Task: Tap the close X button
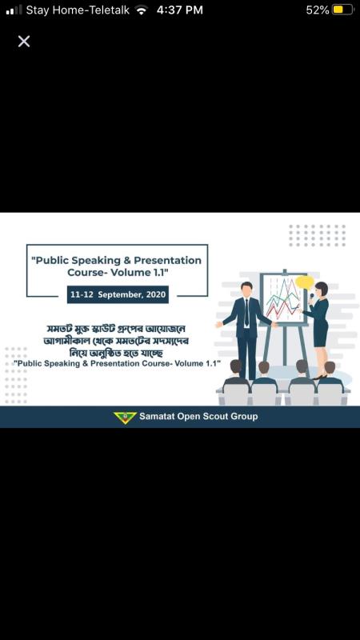tap(24, 41)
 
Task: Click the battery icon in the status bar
tap(342, 10)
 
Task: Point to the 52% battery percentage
tap(317, 10)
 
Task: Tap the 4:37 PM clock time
tap(180, 10)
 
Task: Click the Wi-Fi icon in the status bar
tap(142, 10)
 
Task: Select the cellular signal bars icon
tap(14, 10)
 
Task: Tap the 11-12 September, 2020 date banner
tap(118, 295)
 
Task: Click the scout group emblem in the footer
tap(125, 417)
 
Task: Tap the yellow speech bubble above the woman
tap(304, 282)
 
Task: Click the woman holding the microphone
tap(319, 324)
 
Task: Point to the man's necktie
tap(246, 312)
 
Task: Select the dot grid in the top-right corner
tap(318, 234)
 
